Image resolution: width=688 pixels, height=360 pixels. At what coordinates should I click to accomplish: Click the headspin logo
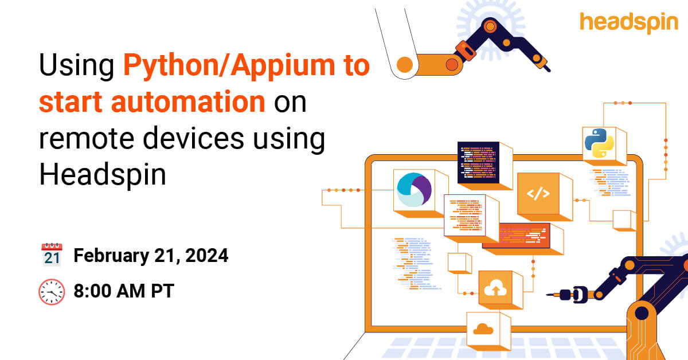pyautogui.click(x=628, y=23)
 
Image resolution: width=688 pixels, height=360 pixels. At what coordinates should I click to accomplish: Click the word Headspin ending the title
pyautogui.click(x=103, y=175)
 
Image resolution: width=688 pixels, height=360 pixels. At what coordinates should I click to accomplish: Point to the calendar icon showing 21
pyautogui.click(x=52, y=255)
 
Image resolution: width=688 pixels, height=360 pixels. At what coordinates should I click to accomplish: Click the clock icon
pyautogui.click(x=52, y=292)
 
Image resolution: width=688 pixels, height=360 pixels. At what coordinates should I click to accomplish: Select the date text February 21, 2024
pyautogui.click(x=151, y=256)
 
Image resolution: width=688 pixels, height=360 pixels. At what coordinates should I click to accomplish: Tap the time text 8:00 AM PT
pyautogui.click(x=124, y=291)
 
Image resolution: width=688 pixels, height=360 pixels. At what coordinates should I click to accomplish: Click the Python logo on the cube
pyautogui.click(x=599, y=143)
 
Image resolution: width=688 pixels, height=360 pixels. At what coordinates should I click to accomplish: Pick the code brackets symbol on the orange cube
pyautogui.click(x=538, y=194)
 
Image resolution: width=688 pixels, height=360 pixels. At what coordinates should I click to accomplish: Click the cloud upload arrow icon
pyautogui.click(x=495, y=288)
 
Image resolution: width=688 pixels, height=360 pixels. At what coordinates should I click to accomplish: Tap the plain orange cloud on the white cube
pyautogui.click(x=483, y=329)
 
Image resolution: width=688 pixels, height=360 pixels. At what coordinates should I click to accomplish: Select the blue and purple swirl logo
pyautogui.click(x=414, y=190)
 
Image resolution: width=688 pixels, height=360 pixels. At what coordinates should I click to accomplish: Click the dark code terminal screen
pyautogui.click(x=478, y=162)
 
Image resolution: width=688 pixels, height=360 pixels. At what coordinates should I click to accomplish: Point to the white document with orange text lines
pyautogui.click(x=465, y=215)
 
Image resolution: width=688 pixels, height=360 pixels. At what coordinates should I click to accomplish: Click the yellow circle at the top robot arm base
pyautogui.click(x=405, y=65)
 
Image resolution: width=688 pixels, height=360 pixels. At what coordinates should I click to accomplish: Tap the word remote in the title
pyautogui.click(x=87, y=139)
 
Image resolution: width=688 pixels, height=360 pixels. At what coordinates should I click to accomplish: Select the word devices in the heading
pyautogui.click(x=194, y=138)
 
